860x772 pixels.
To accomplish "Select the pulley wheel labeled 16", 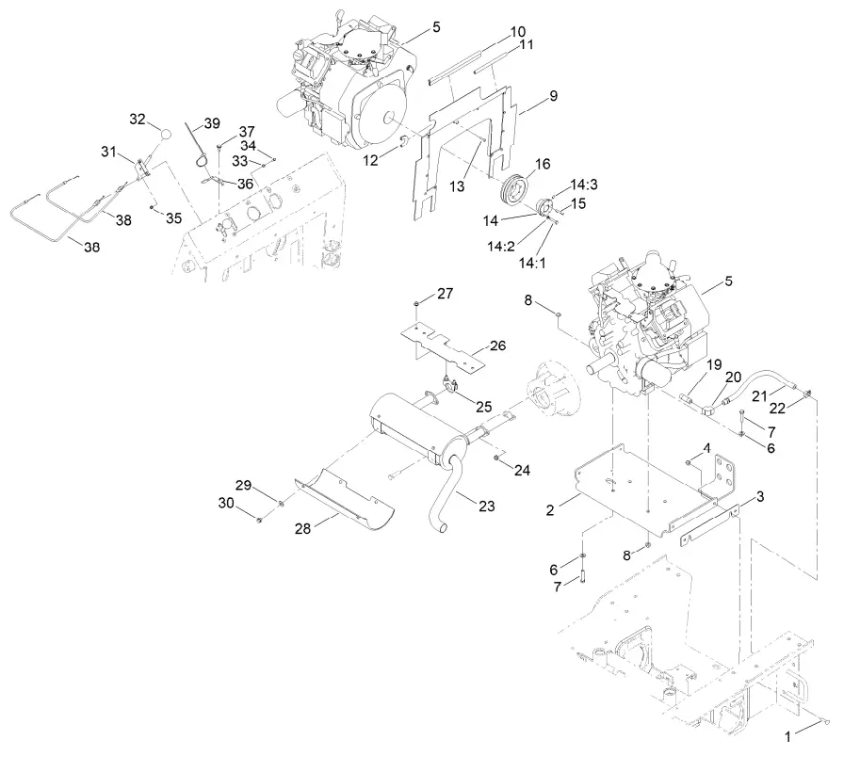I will click(515, 185).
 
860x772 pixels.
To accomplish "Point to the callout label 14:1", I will click(531, 264).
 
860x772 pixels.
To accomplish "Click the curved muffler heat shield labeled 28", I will click(342, 496).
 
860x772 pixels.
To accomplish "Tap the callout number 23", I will click(486, 506).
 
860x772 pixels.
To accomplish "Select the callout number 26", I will click(497, 346).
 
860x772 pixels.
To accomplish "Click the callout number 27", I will click(445, 294).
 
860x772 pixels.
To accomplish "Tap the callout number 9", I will click(553, 96).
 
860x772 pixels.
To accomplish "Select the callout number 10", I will click(518, 31).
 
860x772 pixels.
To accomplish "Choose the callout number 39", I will click(211, 123).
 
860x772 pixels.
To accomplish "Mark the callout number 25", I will click(484, 406).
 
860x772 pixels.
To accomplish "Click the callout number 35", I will click(172, 217).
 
